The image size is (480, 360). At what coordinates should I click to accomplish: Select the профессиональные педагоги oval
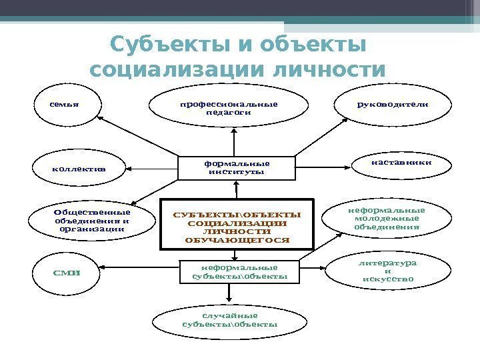pyautogui.click(x=229, y=109)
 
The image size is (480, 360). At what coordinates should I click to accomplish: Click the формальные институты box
pyautogui.click(x=237, y=167)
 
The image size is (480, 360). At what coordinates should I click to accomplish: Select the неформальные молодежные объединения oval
pyautogui.click(x=387, y=219)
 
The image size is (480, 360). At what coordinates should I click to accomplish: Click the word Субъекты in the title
pyautogui.click(x=165, y=47)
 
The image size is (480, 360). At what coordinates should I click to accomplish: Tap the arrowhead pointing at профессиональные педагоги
pyautogui.click(x=235, y=133)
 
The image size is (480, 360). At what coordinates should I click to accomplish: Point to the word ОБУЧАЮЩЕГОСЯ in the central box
pyautogui.click(x=237, y=239)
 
